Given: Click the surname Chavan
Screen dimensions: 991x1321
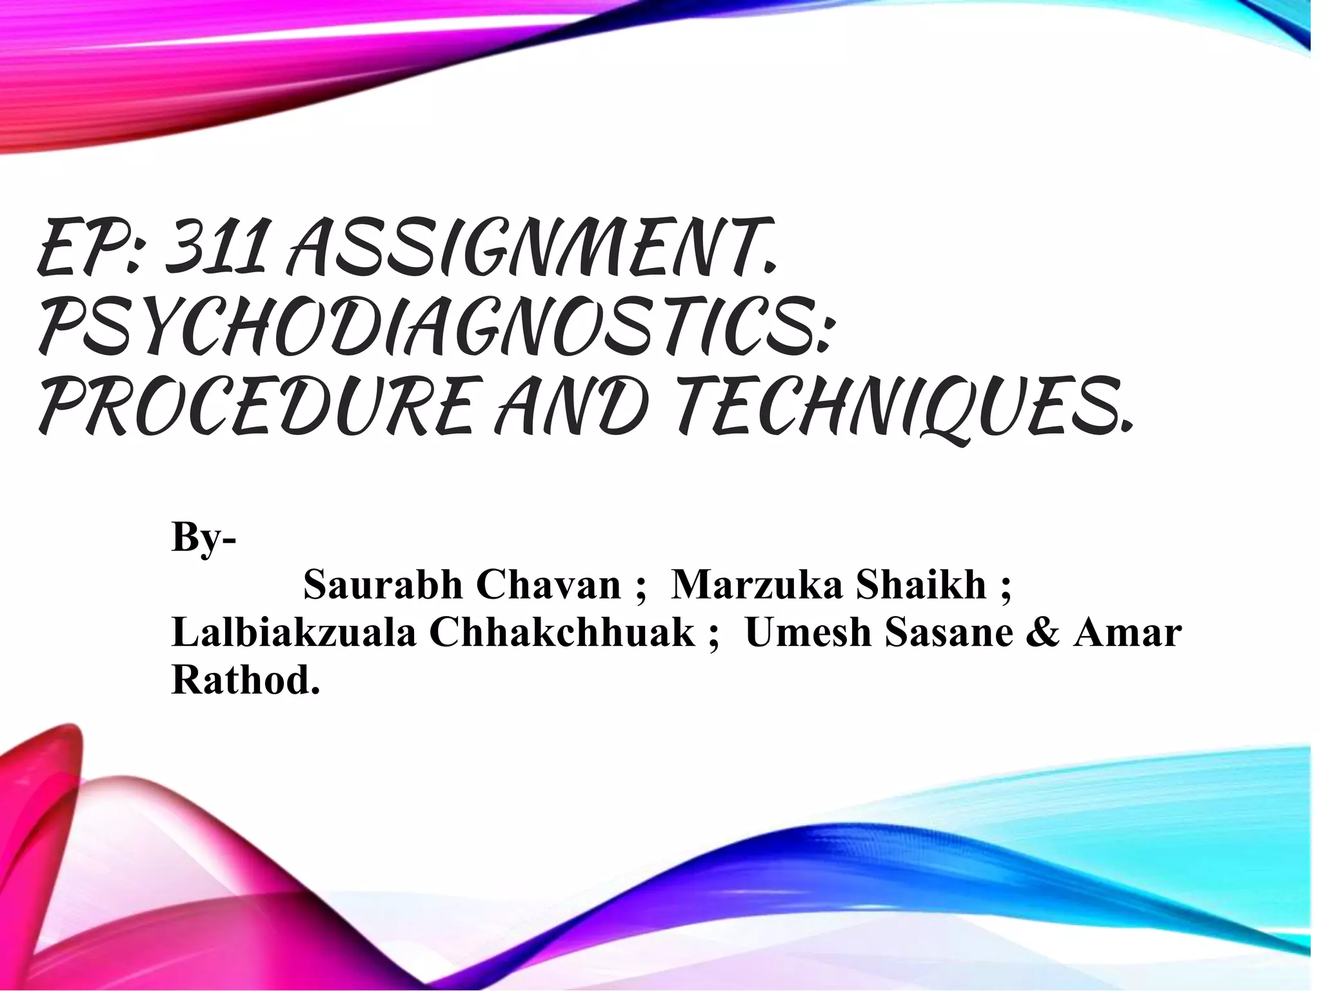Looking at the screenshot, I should (x=548, y=585).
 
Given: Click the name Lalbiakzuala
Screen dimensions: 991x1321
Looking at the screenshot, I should (x=294, y=632).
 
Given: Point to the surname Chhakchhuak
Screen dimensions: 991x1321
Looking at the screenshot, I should (x=562, y=632).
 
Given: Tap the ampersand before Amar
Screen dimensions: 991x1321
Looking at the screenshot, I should (x=1042, y=632).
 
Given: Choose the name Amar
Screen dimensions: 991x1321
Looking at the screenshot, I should (x=1127, y=632).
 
